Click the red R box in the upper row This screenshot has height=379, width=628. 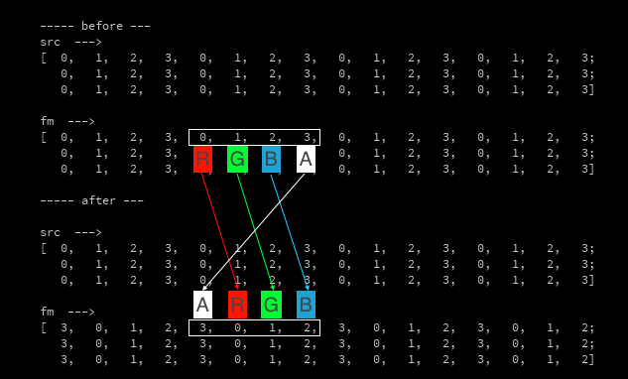(x=202, y=159)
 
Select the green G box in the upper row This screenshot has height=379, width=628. (x=237, y=159)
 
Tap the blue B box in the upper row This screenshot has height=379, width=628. (x=271, y=159)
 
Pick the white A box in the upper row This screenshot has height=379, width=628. (x=306, y=159)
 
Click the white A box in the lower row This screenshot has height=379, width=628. (x=202, y=305)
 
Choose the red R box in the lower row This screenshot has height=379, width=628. (x=237, y=305)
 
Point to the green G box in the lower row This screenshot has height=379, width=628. (x=271, y=305)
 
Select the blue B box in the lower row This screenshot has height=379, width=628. (x=306, y=305)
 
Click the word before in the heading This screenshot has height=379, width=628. (x=102, y=26)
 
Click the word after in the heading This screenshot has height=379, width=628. (x=99, y=200)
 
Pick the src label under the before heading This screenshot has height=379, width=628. (x=50, y=42)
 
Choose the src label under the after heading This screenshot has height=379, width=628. (x=50, y=232)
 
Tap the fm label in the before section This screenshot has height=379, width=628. (x=47, y=121)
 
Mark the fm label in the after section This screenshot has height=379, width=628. (x=47, y=312)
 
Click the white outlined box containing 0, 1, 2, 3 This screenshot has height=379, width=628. (x=254, y=137)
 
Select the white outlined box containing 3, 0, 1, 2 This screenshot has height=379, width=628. (x=254, y=327)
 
